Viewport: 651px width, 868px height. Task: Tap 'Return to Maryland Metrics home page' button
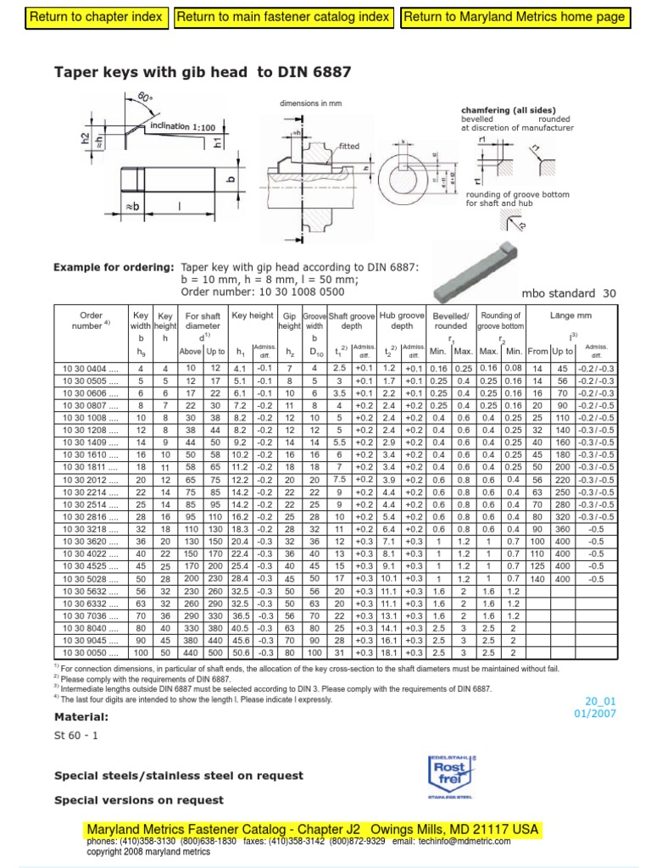pos(514,17)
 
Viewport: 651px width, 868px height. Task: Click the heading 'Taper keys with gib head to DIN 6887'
pos(203,73)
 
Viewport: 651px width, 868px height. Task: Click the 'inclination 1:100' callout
pos(181,126)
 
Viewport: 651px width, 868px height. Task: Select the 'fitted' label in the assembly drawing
pos(349,146)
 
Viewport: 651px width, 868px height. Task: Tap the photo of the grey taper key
pos(481,269)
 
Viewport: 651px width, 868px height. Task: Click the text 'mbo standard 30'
pos(573,293)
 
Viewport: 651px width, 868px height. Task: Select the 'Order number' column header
pos(91,320)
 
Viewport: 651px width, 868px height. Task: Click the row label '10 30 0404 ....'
pos(89,368)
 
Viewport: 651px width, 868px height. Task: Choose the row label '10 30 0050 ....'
pos(89,653)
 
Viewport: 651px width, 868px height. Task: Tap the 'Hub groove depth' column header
pos(402,320)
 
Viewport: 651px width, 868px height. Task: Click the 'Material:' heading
pos(81,717)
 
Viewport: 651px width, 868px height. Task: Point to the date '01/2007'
pos(599,713)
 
